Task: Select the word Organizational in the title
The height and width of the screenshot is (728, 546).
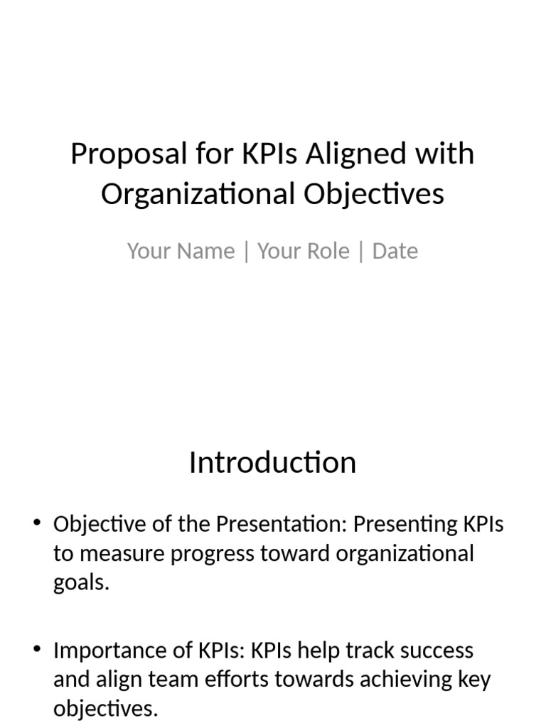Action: tap(197, 194)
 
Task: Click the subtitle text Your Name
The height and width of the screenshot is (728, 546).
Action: tap(181, 251)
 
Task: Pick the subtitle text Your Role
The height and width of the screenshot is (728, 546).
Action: tap(304, 251)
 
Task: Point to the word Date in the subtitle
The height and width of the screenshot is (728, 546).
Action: tap(395, 251)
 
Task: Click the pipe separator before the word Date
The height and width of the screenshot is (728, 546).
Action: tap(361, 252)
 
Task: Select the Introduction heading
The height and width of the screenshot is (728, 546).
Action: tap(272, 463)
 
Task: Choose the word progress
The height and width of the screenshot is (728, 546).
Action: tap(215, 555)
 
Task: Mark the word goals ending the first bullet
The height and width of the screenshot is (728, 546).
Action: tap(81, 584)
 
